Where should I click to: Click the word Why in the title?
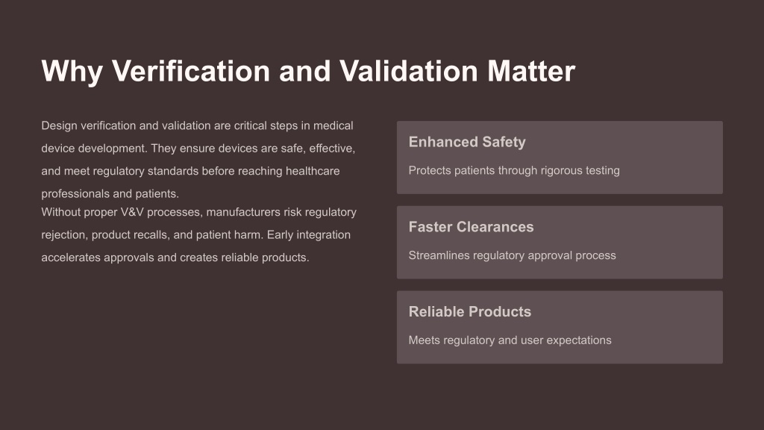point(72,71)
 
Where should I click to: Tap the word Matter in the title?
point(531,71)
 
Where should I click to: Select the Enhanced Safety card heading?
point(467,142)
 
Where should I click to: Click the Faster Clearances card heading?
point(472,227)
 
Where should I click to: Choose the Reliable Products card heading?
point(470,311)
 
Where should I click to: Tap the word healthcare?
point(313,171)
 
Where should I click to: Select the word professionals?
point(75,194)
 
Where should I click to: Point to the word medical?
point(334,125)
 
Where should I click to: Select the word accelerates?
point(71,258)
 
